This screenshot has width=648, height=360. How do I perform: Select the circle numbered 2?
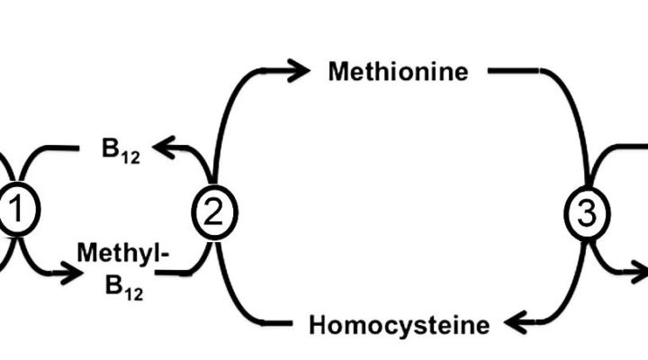point(214,213)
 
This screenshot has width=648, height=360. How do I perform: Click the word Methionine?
point(398,72)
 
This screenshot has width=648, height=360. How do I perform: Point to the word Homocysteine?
point(400,324)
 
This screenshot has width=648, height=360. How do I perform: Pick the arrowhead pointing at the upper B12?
point(163,144)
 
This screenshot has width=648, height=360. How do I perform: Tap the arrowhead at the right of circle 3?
point(640,269)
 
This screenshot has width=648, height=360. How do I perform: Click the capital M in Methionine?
point(337,72)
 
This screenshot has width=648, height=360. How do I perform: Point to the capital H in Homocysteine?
point(318,324)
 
